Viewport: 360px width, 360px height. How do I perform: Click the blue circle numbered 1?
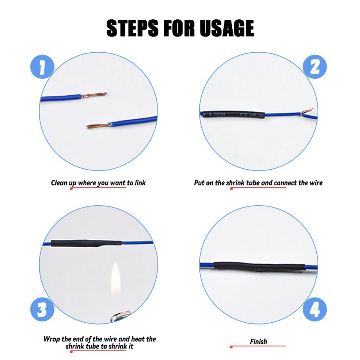point(42,67)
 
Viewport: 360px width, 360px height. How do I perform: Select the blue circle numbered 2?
point(315,67)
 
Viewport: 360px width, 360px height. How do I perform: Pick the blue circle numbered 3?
point(42,310)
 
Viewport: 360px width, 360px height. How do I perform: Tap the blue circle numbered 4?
point(315,310)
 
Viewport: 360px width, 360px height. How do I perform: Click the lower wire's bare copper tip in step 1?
point(99,126)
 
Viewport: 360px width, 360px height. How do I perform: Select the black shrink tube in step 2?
point(234,115)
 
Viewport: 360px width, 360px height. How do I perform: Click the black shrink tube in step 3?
point(86,243)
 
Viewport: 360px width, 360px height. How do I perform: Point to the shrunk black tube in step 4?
point(260,266)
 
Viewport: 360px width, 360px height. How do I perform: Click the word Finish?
point(258,342)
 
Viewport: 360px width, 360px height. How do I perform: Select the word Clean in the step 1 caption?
point(59,183)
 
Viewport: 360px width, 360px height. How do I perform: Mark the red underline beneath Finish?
point(258,346)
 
